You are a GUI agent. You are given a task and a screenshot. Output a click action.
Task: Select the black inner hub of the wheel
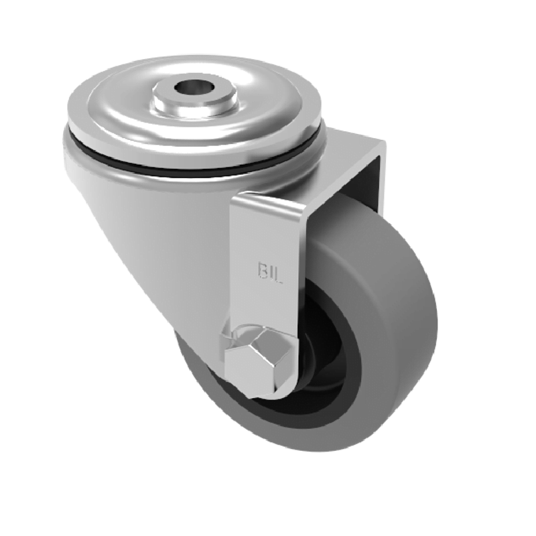[322, 375]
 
